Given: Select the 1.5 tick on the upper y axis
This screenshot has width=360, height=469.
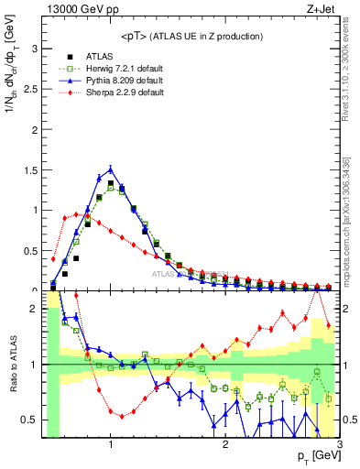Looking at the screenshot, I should [31, 169].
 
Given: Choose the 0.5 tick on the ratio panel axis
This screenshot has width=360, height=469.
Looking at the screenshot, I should [31, 420].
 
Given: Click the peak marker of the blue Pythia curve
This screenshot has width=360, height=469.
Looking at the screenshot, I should [111, 169].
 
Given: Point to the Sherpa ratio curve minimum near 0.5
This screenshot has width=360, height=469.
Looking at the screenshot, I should [122, 416].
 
